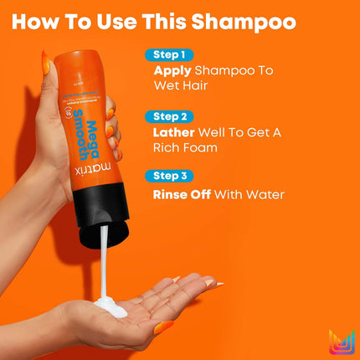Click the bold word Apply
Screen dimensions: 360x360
(172, 71)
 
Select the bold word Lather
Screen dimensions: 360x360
(177, 131)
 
